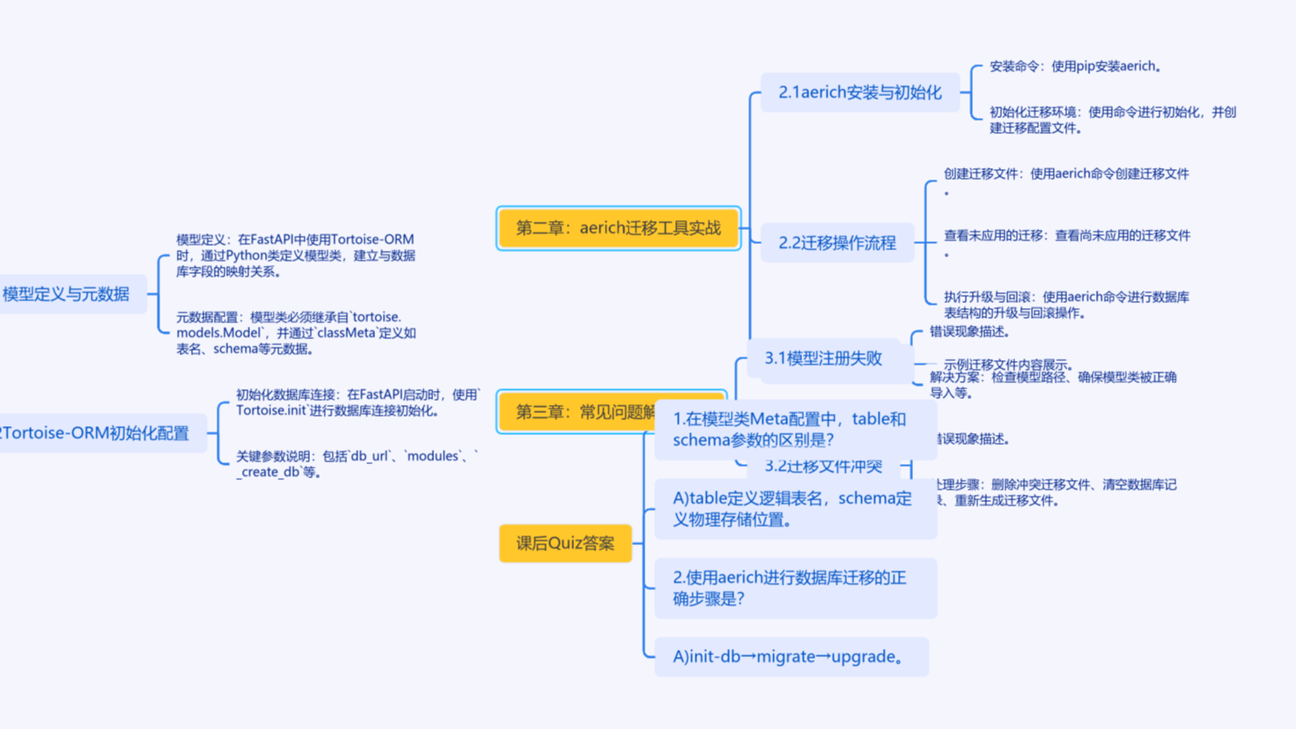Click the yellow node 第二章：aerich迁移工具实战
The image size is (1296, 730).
point(618,228)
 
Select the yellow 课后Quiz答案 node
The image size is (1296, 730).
point(565,543)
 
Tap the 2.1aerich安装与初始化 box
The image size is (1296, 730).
point(859,92)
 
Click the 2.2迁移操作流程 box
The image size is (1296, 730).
point(836,243)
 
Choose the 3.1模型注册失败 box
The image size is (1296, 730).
point(822,358)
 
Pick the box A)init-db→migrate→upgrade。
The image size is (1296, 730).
point(790,657)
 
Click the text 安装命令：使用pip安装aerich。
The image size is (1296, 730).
point(1075,66)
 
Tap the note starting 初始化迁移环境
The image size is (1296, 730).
point(1112,120)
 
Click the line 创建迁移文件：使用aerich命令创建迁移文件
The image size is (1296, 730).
point(1065,174)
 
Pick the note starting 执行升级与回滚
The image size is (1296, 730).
point(1065,305)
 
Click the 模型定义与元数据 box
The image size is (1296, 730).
point(67,294)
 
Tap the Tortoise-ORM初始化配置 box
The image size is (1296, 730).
point(97,433)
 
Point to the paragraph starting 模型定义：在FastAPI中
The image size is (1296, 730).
point(295,255)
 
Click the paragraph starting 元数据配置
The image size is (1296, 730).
point(295,333)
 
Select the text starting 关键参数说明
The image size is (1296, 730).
point(357,464)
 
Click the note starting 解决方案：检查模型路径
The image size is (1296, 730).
point(1052,385)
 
